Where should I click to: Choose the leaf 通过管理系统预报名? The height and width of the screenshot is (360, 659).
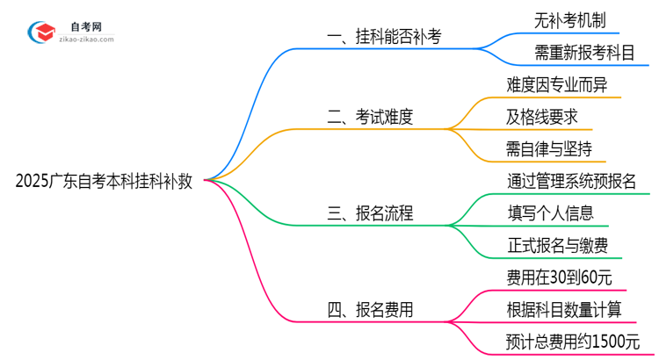click(x=572, y=182)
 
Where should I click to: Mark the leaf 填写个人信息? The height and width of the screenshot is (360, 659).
click(x=551, y=213)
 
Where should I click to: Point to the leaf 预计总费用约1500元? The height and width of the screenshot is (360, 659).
click(x=574, y=342)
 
